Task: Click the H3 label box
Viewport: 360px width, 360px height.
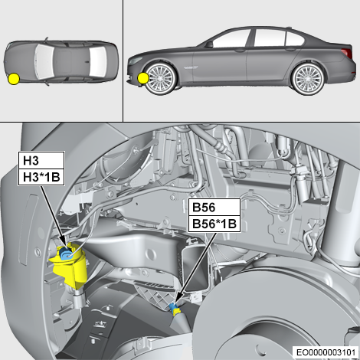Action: [41, 160]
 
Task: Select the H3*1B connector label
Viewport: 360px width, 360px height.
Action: [41, 177]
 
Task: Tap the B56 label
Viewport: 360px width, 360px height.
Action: [214, 207]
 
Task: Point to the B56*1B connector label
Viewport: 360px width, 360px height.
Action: [214, 224]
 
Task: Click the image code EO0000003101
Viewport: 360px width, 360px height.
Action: [326, 352]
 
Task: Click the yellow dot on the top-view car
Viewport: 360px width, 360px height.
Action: [14, 79]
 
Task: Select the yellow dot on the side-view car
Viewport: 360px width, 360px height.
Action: [143, 78]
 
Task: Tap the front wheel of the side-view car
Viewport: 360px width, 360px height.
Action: [161, 79]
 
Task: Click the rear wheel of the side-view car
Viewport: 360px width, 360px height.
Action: [309, 79]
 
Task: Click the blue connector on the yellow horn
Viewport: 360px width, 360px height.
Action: [66, 254]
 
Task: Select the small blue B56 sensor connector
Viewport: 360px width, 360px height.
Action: [174, 307]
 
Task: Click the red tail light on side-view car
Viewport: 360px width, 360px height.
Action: [347, 53]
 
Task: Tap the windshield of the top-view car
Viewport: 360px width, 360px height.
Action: [45, 61]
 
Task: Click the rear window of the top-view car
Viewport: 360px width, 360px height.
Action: [97, 62]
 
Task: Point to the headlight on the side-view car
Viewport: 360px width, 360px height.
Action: [136, 61]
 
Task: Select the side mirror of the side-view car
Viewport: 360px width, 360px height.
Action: [209, 44]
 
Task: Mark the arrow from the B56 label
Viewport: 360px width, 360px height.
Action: [196, 267]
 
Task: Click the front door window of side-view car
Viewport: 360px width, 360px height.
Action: [231, 38]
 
